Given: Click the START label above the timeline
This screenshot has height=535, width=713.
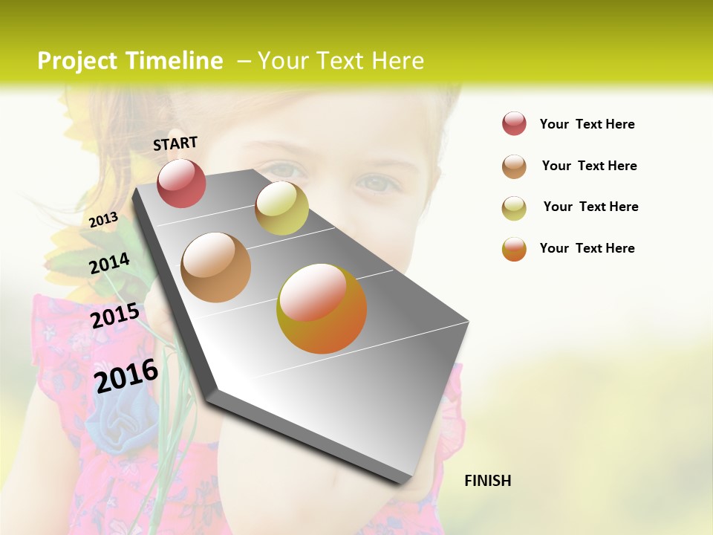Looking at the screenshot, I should coord(175,143).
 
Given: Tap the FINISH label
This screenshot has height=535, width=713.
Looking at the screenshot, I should coord(487,481).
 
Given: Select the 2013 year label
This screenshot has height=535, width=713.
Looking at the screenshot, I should coord(103,219).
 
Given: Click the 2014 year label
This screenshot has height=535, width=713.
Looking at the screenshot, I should coord(109,263).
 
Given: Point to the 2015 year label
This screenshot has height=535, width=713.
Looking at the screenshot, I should coord(114,316).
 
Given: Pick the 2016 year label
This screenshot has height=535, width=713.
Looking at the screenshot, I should coord(126,375).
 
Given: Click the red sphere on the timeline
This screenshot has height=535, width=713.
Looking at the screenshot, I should coord(181,183).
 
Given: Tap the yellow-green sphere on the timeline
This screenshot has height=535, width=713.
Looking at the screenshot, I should coord(281,208).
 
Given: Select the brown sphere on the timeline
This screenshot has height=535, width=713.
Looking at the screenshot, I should coord(216,267).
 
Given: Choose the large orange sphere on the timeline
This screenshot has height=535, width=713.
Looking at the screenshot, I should coord(322,308).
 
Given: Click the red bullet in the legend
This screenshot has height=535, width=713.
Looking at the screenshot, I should coord(514,124).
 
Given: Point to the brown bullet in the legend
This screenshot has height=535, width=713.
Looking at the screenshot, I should coord(514,166).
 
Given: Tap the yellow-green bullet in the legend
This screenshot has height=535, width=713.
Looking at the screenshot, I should coord(514,208).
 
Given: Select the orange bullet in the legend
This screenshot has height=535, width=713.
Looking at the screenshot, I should coord(514,249).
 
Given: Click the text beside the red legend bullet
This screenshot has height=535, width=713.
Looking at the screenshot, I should coord(587,124).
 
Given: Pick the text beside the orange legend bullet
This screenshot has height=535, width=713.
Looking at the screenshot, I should coord(587,248).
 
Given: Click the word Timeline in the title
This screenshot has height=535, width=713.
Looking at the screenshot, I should coord(174,61).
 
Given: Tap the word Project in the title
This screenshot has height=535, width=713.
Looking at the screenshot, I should coord(79,61).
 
